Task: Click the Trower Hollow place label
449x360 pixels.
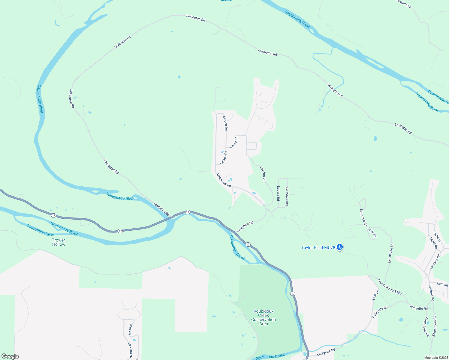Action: point(59,242)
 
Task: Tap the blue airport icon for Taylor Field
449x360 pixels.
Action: point(340,247)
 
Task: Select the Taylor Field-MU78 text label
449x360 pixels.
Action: point(318,247)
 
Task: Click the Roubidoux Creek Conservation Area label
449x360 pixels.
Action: point(264,317)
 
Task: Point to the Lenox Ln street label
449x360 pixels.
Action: point(234,142)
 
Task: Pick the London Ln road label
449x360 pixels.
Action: point(263,174)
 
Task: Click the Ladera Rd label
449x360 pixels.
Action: point(278,193)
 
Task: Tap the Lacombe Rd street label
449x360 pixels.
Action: point(287,196)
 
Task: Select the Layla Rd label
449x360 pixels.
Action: point(372,232)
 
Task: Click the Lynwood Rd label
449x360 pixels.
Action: point(363,217)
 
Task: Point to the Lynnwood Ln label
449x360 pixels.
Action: point(390,253)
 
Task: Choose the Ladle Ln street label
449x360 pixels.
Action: point(438,237)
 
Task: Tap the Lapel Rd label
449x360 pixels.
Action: point(434,243)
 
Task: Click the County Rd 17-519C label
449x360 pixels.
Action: point(390,287)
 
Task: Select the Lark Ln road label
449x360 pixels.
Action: point(376,295)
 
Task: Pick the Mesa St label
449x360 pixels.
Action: point(130,329)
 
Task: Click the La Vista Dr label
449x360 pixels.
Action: point(131,350)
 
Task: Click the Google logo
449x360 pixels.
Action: point(10,356)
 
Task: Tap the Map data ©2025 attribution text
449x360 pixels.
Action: point(436,358)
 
